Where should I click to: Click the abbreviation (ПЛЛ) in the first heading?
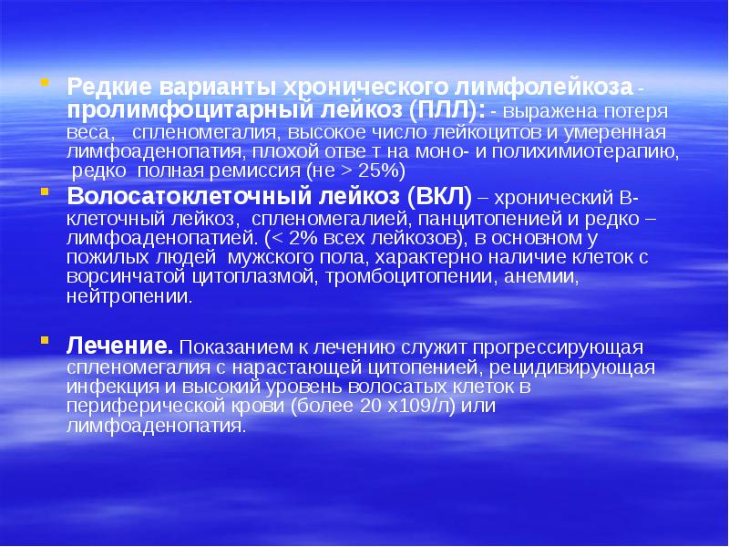pyautogui.click(x=440, y=110)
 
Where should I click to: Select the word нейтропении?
pyautogui.click(x=128, y=296)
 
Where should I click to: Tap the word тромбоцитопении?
pyautogui.click(x=398, y=276)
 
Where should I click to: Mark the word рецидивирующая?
pyautogui.click(x=572, y=367)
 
